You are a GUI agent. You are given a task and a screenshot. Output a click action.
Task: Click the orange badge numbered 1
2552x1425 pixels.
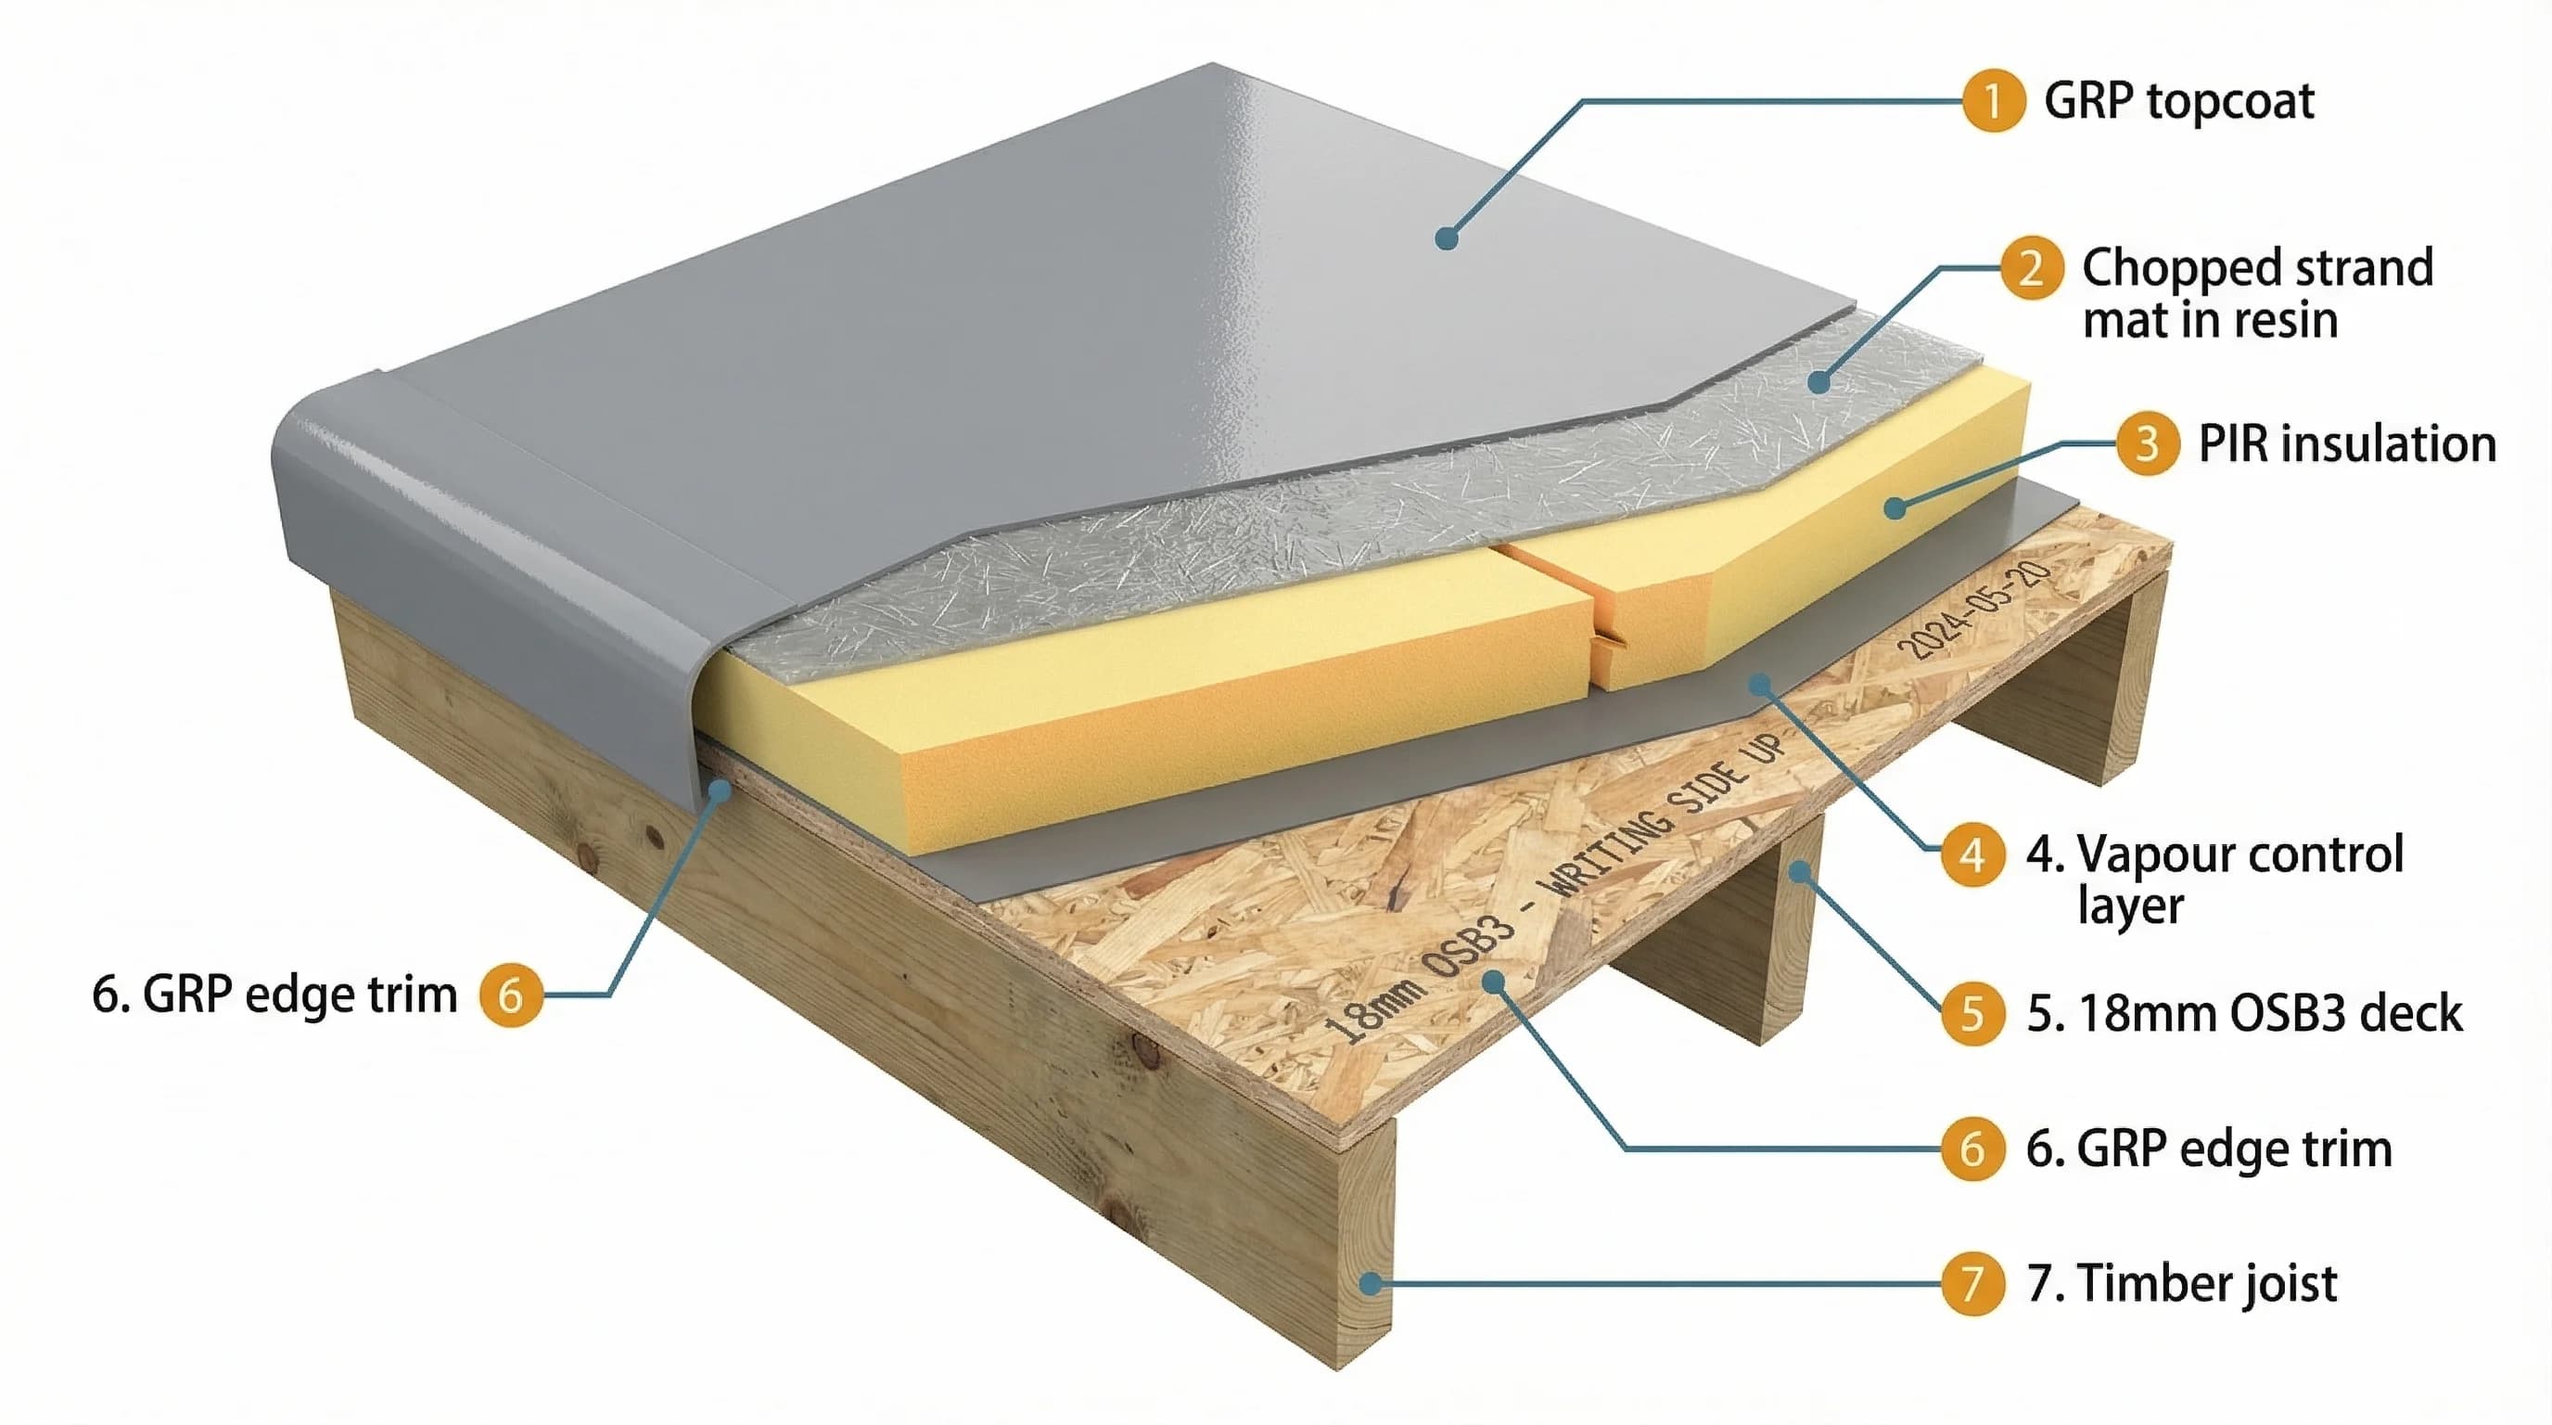[1992, 101]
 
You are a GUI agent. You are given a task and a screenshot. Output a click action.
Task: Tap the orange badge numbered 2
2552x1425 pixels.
[2031, 267]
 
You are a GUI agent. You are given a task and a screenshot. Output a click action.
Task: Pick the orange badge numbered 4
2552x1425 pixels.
[1971, 854]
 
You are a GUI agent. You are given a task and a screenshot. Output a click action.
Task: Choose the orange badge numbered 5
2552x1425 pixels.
[1971, 1013]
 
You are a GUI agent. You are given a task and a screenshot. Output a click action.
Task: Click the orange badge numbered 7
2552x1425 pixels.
[1971, 1283]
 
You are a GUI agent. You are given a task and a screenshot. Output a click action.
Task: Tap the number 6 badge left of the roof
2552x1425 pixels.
[510, 994]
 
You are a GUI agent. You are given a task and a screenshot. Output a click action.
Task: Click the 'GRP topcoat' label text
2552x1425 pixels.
[2178, 101]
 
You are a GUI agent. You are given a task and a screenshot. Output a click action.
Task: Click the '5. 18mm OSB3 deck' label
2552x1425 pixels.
[2244, 1013]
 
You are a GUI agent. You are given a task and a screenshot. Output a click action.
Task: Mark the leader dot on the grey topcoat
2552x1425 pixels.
[1447, 237]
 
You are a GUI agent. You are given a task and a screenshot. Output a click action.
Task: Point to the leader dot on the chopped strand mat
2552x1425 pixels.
[1818, 380]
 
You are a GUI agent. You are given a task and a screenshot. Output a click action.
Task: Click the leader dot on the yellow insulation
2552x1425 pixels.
[1895, 507]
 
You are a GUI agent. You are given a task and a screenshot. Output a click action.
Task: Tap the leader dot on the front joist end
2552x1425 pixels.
[1370, 1284]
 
